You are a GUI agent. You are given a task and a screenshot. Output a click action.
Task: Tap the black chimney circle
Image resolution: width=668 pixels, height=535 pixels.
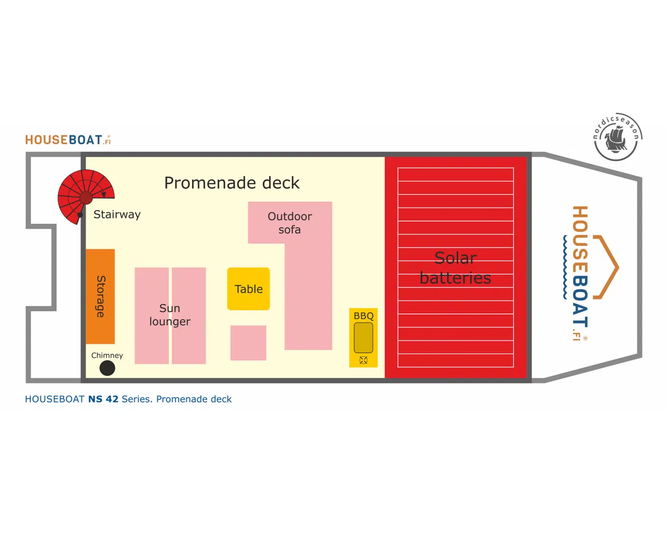(107, 368)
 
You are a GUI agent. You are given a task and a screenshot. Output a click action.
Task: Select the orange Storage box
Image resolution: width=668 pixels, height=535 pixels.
(100, 296)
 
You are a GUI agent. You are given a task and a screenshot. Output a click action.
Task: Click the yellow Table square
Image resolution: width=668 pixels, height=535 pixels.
(248, 289)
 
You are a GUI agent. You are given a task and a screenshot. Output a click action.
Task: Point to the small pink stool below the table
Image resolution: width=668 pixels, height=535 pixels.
(248, 343)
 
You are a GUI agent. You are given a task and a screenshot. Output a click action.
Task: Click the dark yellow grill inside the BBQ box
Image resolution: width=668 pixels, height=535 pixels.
(363, 338)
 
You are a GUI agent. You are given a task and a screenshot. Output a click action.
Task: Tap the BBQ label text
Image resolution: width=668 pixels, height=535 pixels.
(364, 316)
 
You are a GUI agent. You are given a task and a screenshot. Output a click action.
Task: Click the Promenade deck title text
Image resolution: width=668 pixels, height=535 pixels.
(232, 183)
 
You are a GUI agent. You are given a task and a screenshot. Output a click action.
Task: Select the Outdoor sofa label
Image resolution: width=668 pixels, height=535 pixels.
(290, 223)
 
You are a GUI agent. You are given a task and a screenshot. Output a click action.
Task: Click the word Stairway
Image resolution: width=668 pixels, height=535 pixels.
(117, 214)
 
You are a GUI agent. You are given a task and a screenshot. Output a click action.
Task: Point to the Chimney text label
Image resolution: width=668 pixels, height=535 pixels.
(107, 355)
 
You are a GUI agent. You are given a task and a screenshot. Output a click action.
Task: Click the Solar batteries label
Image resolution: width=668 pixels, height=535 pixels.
(456, 267)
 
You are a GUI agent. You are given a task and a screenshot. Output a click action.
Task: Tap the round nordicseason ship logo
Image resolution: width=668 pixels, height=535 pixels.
(617, 137)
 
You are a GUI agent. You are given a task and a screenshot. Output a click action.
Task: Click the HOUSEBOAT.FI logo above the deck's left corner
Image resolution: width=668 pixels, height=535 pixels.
(68, 140)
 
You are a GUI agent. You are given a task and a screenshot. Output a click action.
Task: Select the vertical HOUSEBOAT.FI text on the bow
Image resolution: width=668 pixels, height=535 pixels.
(580, 272)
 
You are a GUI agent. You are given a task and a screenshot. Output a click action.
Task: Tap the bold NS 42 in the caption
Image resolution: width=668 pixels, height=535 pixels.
(103, 399)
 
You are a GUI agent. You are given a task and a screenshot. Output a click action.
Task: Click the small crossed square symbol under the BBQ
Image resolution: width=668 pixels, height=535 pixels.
(364, 360)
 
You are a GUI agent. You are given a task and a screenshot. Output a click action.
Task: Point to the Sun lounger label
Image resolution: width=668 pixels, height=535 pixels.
(170, 315)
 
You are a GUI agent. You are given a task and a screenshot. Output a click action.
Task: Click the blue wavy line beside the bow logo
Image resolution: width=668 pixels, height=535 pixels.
(565, 266)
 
